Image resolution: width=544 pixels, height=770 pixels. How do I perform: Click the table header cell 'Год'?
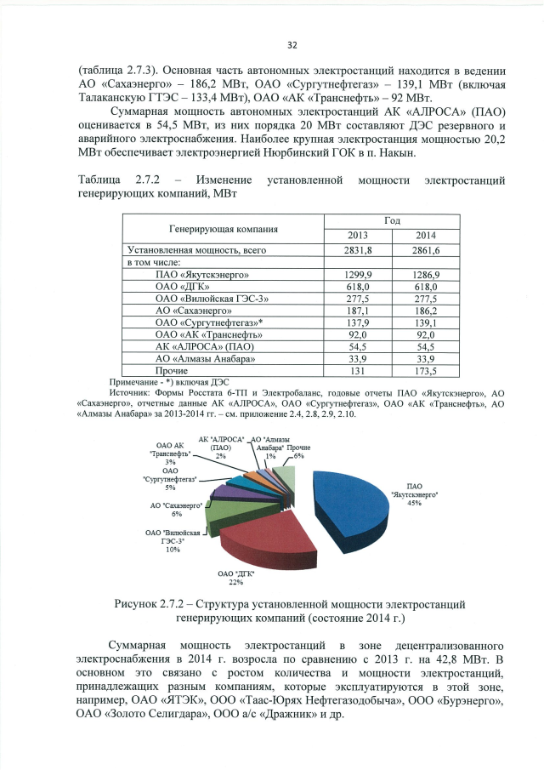coord(392,220)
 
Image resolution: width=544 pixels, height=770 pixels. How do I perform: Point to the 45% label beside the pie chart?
coord(415,503)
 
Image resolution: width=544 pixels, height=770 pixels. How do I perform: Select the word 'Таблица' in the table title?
coord(99,181)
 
